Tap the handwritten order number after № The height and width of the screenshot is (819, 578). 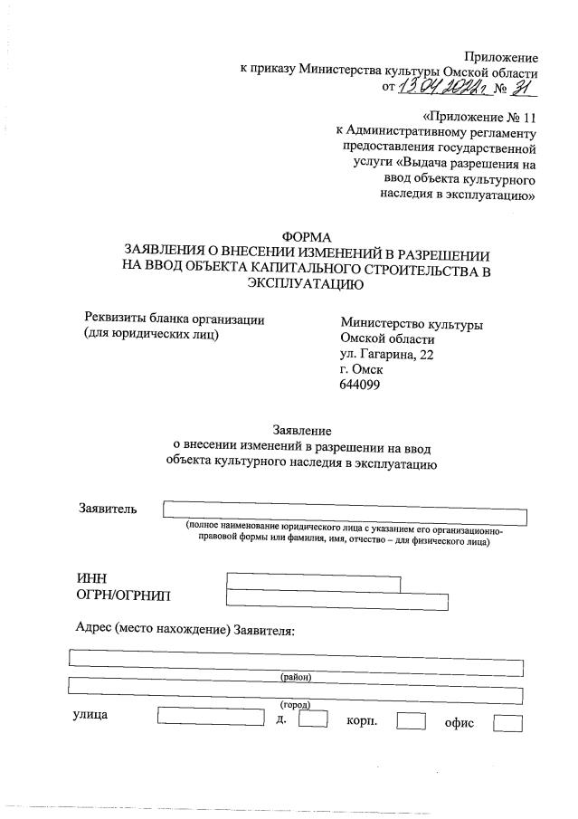[522, 86]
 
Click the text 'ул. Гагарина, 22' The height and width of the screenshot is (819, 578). [387, 355]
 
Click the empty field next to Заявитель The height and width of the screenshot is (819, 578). [344, 513]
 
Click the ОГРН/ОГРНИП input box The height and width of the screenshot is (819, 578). [337, 599]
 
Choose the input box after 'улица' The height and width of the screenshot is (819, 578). [211, 721]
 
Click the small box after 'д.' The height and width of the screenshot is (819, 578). [312, 721]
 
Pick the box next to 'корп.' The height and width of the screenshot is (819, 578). [412, 721]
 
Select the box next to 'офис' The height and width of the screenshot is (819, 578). [508, 723]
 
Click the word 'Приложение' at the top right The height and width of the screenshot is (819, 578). [501, 57]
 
